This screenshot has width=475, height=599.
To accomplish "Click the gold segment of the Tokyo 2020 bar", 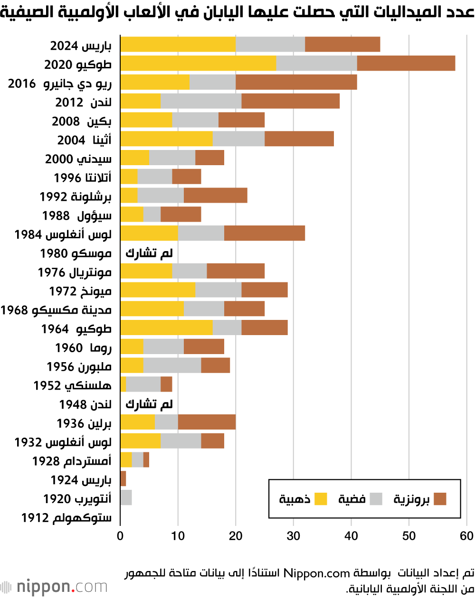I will [198, 63].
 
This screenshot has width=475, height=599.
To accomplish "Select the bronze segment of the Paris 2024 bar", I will [342, 44].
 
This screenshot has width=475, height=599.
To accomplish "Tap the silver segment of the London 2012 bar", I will [201, 101].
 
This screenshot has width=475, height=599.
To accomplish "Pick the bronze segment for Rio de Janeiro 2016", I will [296, 82].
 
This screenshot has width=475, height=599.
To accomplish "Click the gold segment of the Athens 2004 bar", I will [166, 139].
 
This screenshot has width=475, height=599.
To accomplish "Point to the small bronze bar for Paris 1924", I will [123, 478].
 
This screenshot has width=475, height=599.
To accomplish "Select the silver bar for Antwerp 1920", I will [126, 497].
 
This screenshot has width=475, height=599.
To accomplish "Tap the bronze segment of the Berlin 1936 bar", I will [207, 422].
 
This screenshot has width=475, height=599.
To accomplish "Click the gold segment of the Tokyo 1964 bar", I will [166, 328].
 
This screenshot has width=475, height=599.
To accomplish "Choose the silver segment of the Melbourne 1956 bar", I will [172, 365].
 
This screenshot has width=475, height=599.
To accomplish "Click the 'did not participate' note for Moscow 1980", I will [149, 253].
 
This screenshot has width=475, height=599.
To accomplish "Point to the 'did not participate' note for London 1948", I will [149, 404].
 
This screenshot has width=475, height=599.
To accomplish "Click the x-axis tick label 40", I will [351, 536].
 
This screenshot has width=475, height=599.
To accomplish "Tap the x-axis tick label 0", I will [120, 536].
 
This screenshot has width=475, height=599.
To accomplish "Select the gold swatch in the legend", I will [321, 499].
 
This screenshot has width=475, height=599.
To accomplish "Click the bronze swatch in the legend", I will [440, 499].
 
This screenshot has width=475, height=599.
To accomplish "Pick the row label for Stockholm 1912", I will [66, 517].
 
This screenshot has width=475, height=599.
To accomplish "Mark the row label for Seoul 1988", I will [77, 215].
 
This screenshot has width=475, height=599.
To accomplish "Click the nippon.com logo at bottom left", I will [54, 587].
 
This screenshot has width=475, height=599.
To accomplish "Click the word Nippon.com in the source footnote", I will [316, 573].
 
